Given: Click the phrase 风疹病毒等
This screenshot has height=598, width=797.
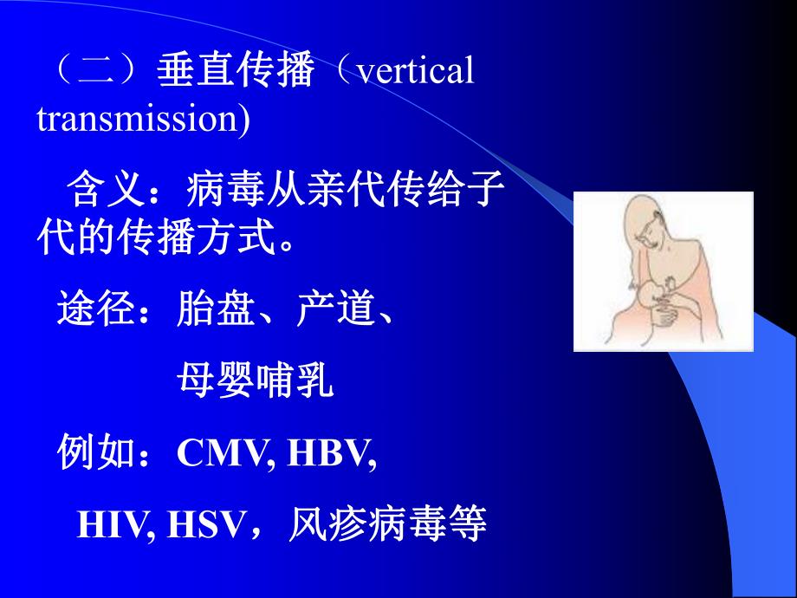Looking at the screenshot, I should click(x=387, y=524).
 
